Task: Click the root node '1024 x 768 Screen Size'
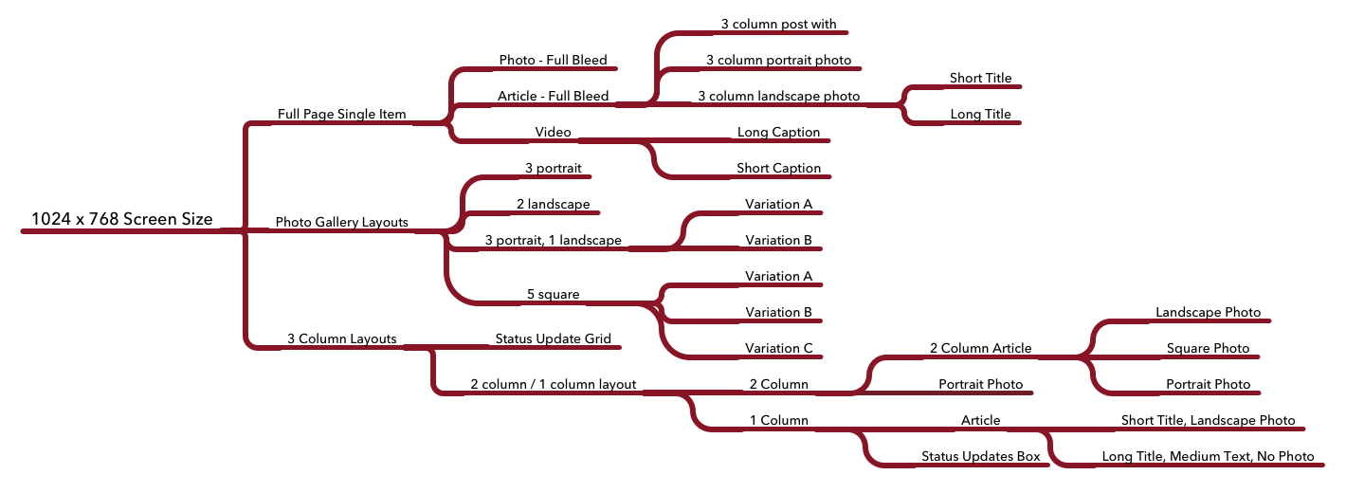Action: (x=121, y=219)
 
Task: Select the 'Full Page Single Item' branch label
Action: (x=341, y=114)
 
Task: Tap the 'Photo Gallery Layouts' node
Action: (x=341, y=222)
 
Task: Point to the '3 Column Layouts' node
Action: (x=341, y=338)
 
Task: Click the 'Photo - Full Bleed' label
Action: (x=553, y=60)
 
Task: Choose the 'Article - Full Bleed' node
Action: (x=553, y=96)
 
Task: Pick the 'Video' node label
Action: (x=553, y=132)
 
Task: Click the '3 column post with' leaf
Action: (x=778, y=24)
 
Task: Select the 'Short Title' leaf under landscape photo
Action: (x=980, y=78)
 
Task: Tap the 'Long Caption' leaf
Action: (x=778, y=132)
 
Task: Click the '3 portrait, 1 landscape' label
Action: (x=553, y=240)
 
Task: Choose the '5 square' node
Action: (x=553, y=294)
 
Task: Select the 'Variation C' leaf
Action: (x=778, y=348)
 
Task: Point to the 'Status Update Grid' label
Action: (x=553, y=338)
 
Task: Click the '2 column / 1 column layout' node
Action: (x=553, y=384)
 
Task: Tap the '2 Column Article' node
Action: (x=980, y=348)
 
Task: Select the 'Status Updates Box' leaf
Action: (x=980, y=456)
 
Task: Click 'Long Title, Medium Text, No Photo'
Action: (x=1208, y=456)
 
